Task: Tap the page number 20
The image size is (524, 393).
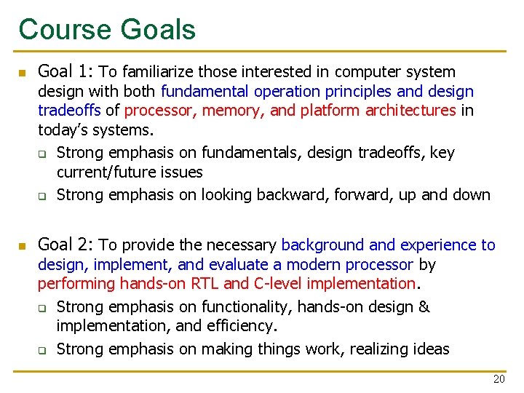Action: tap(499, 379)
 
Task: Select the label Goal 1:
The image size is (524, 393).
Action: tap(65, 71)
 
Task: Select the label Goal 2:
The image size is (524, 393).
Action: tap(65, 245)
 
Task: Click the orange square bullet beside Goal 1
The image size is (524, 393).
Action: tap(22, 73)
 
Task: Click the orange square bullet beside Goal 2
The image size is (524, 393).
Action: tap(22, 247)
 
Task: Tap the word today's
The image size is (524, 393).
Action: tap(65, 130)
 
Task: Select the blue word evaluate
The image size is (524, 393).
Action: tap(242, 265)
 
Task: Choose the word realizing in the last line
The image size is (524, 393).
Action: tap(379, 349)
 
